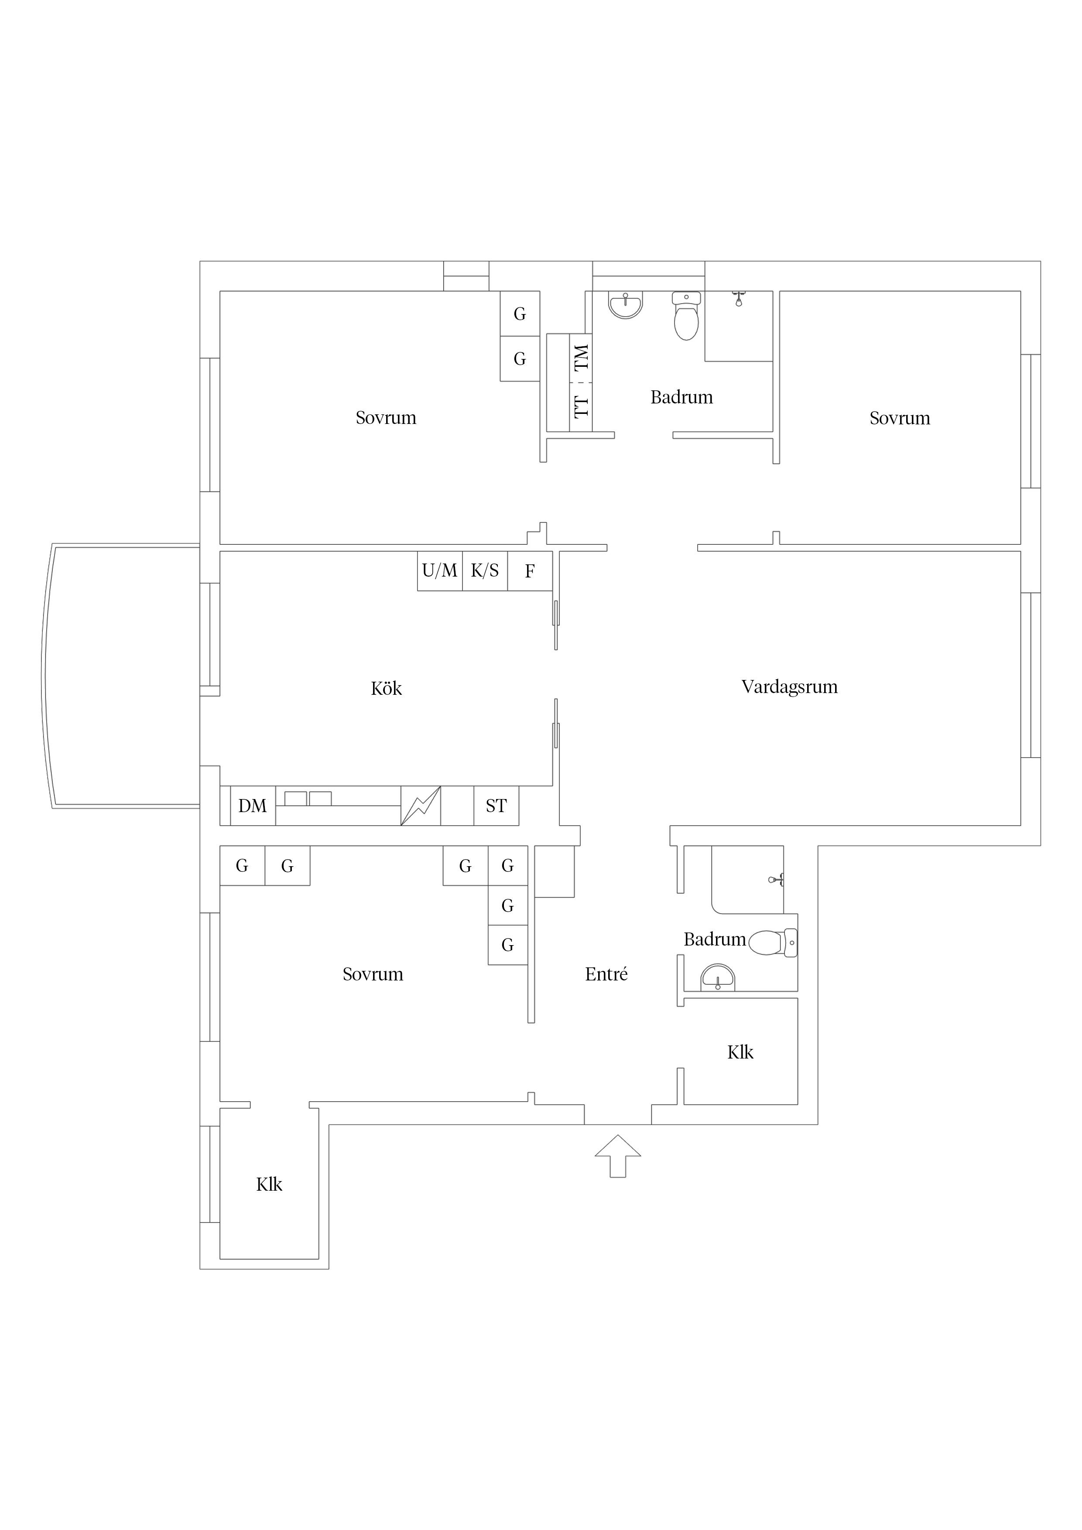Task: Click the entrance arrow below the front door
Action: tap(618, 1156)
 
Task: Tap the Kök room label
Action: tap(386, 688)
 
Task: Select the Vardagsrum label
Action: tap(789, 687)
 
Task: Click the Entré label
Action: tap(606, 974)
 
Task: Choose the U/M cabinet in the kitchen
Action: tap(440, 570)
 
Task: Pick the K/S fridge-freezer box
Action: tap(485, 570)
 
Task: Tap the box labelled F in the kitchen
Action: tap(530, 570)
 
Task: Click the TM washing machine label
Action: tap(581, 357)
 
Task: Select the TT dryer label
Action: tap(581, 406)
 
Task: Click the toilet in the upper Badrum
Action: tap(686, 316)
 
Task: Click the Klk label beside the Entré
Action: tap(740, 1052)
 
